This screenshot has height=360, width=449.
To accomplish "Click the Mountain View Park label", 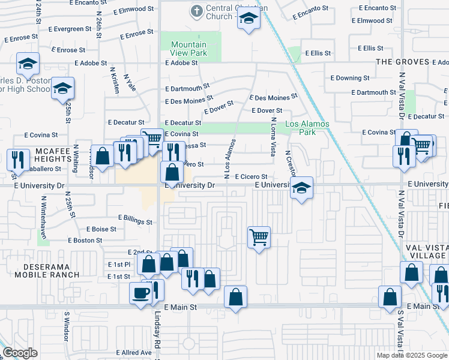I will pyautogui.click(x=188, y=49).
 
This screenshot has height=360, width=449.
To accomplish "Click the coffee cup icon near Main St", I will pyautogui.click(x=141, y=293).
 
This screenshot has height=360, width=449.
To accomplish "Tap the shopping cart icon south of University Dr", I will pyautogui.click(x=259, y=237).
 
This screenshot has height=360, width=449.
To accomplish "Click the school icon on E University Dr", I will pyautogui.click(x=301, y=188).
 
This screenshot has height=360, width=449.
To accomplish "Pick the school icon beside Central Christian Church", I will pyautogui.click(x=247, y=19).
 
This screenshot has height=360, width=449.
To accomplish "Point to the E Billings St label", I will pyautogui.click(x=135, y=218).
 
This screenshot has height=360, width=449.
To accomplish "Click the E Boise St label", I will pyautogui.click(x=101, y=229).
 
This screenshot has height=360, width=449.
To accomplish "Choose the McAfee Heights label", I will pyautogui.click(x=53, y=155).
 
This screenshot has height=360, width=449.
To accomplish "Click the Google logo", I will pyautogui.click(x=20, y=353).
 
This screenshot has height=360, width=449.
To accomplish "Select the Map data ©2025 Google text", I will pyautogui.click(x=411, y=355).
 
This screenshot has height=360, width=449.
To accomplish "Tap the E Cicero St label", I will pyautogui.click(x=250, y=176).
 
